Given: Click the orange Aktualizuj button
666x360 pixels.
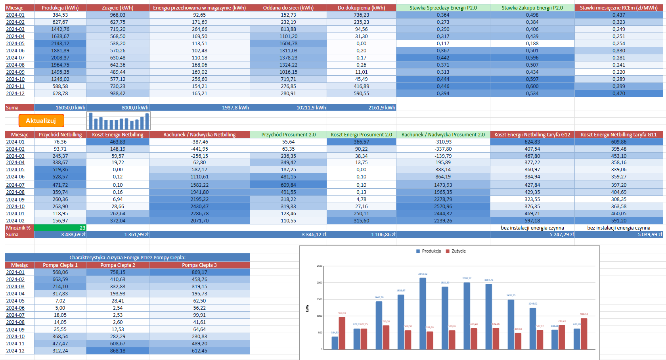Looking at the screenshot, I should pyautogui.click(x=41, y=121).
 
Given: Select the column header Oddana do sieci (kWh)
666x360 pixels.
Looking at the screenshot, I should pyautogui.click(x=288, y=8).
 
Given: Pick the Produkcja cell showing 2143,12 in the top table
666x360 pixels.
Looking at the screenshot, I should pyautogui.click(x=60, y=44).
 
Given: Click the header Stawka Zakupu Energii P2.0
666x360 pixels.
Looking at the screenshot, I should pyautogui.click(x=532, y=8).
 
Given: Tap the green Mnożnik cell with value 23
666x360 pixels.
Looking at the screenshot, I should pyautogui.click(x=60, y=228).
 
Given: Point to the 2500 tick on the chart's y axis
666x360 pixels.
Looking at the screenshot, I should pyautogui.click(x=320, y=266).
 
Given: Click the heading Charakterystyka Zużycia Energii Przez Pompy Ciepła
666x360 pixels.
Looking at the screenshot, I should pyautogui.click(x=127, y=257).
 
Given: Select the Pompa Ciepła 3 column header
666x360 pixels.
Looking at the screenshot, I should pyautogui.click(x=199, y=265).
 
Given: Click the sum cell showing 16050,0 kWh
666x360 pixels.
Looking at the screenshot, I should pyautogui.click(x=60, y=107).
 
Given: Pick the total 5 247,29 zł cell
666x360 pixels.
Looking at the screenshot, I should pyautogui.click(x=532, y=234).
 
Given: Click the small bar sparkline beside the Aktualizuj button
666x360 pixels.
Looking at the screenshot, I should pyautogui.click(x=119, y=121).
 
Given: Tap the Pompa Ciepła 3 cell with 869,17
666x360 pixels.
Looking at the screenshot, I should pyautogui.click(x=199, y=272).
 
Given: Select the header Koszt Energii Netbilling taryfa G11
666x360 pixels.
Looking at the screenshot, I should pyautogui.click(x=618, y=134).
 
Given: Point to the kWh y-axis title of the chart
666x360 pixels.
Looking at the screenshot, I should pyautogui.click(x=307, y=308).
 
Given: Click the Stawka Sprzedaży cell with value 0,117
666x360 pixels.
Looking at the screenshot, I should pyautogui.click(x=443, y=44).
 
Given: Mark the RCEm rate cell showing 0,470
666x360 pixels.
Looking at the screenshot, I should pyautogui.click(x=618, y=94).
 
